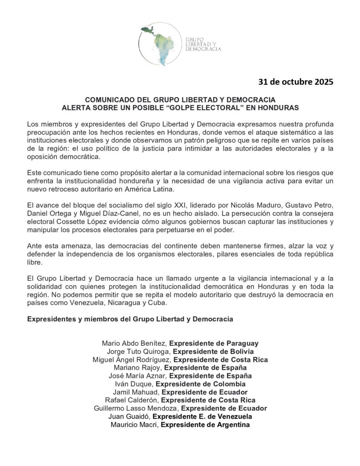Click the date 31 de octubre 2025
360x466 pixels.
[296, 82]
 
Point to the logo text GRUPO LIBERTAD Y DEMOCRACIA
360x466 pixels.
[203, 43]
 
